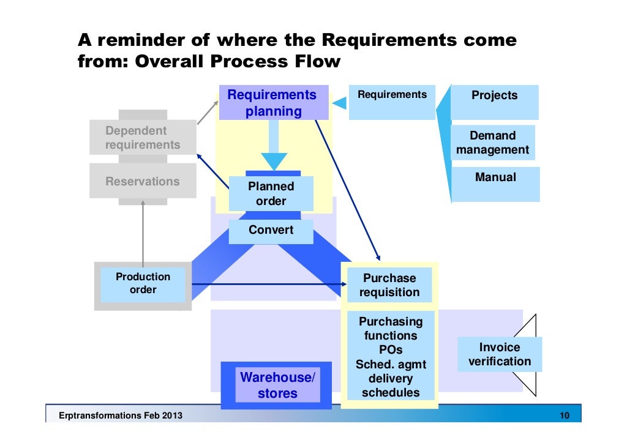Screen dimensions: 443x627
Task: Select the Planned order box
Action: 271,193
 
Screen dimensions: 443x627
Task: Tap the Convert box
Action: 271,231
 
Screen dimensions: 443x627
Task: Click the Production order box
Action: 143,284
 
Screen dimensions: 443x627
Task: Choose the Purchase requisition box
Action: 389,285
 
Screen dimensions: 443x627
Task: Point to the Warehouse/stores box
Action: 277,385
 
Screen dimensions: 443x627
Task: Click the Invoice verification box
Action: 499,354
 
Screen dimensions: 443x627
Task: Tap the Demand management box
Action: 492,143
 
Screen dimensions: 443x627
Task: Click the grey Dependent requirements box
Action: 143,138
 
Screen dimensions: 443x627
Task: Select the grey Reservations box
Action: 143,181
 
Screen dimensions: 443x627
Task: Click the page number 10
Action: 564,416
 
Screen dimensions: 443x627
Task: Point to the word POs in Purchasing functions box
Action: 390,350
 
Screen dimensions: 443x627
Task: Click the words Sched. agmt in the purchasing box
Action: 390,365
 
